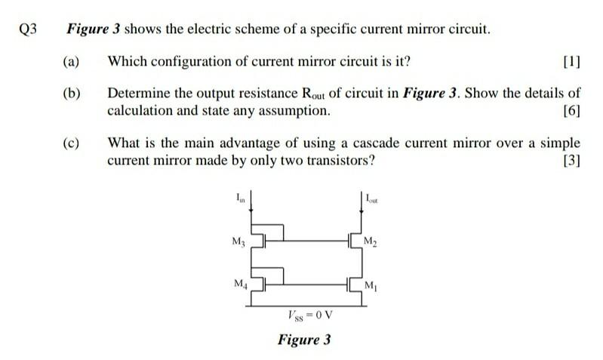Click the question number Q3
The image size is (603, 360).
pyautogui.click(x=29, y=31)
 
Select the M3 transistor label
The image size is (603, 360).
pyautogui.click(x=238, y=242)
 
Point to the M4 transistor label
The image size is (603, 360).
pyautogui.click(x=239, y=285)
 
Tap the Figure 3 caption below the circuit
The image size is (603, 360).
pyautogui.click(x=303, y=340)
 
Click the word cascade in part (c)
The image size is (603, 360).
pyautogui.click(x=378, y=143)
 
